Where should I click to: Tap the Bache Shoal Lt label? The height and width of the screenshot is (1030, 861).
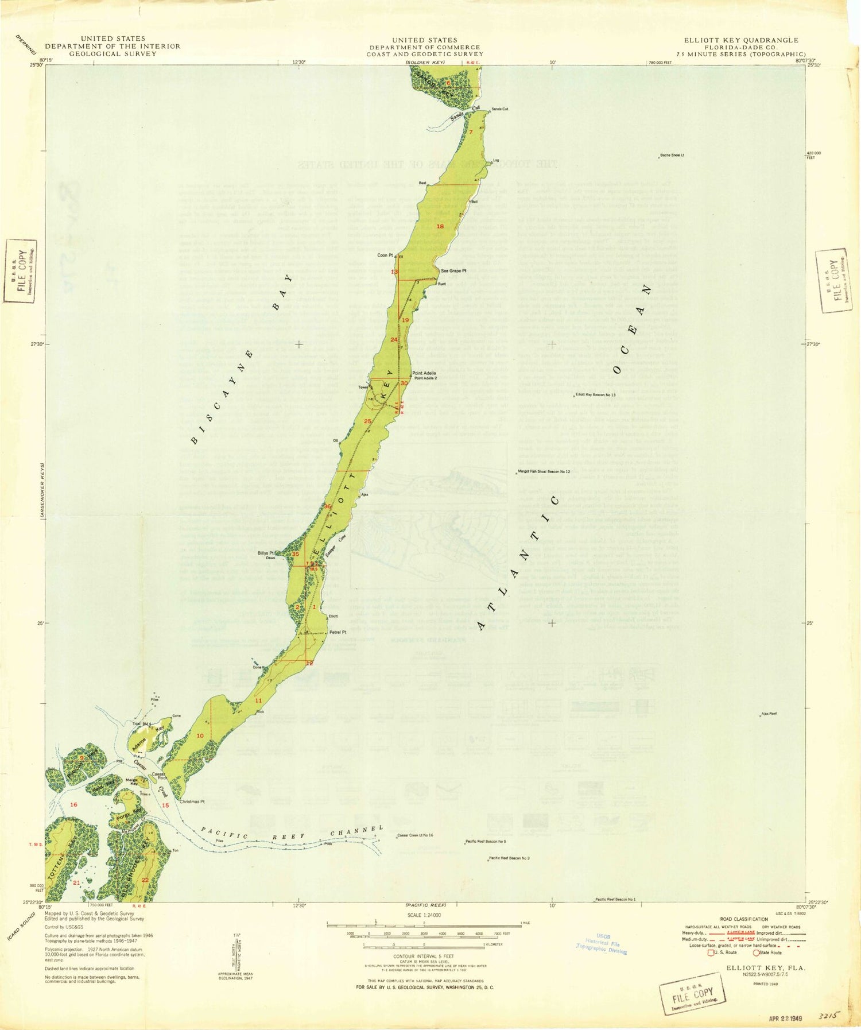click(672, 155)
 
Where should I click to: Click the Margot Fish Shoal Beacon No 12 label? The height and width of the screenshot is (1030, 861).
click(544, 471)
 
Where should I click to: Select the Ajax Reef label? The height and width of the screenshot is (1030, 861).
click(769, 714)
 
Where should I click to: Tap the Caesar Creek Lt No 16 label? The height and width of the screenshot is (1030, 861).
click(415, 835)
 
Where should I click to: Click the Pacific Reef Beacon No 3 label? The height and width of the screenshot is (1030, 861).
click(509, 858)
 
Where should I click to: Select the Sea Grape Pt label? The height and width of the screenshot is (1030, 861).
click(454, 270)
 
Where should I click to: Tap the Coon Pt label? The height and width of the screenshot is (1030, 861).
click(385, 255)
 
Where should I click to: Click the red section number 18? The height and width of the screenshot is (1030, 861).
click(440, 226)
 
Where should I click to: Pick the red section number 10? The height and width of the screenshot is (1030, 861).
click(200, 735)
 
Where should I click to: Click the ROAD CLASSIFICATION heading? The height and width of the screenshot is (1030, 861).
click(744, 919)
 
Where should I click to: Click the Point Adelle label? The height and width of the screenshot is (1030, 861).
click(424, 373)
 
